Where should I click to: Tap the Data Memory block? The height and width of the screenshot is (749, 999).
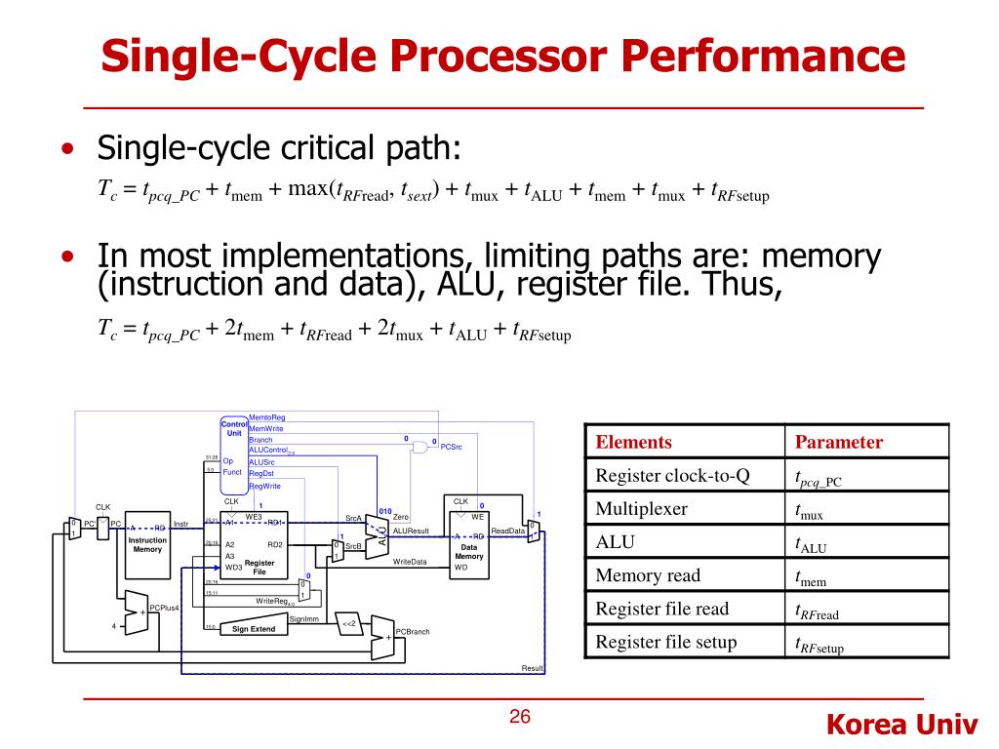(x=468, y=548)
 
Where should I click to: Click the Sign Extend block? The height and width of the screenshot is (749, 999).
(x=253, y=629)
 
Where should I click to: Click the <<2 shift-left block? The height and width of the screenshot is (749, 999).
(x=349, y=623)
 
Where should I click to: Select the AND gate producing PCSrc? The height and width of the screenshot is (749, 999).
(x=420, y=447)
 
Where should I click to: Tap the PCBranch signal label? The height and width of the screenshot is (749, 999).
(x=413, y=631)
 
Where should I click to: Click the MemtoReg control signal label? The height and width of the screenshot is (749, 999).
(x=267, y=417)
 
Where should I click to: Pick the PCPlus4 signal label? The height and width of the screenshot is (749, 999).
(x=164, y=608)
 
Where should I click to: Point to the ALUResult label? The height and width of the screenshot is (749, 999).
(x=411, y=531)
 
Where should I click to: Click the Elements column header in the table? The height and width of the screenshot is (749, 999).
(x=633, y=442)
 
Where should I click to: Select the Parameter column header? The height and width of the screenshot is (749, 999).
(x=838, y=442)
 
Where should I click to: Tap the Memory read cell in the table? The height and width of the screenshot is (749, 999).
(x=648, y=575)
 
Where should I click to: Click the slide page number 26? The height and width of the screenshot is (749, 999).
(x=520, y=718)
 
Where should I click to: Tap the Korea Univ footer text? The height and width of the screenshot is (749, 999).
(x=901, y=726)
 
